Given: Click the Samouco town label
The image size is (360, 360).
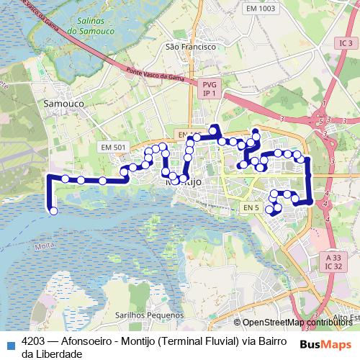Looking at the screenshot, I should [x=63, y=103].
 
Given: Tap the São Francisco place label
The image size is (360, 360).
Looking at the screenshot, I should [x=190, y=46].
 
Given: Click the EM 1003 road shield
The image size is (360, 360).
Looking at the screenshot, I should [x=260, y=9].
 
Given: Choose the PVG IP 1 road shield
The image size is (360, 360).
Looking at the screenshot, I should [x=210, y=89].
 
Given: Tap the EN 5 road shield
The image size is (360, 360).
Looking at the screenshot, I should [x=250, y=208].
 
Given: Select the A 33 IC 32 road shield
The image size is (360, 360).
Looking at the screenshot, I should [x=333, y=262].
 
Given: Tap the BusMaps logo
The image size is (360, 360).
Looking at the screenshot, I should [x=327, y=343].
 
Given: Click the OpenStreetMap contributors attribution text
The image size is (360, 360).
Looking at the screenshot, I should [x=296, y=323].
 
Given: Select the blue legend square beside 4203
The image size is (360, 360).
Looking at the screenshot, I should [x=9, y=343].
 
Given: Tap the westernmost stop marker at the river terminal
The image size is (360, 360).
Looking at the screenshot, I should [x=53, y=210].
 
